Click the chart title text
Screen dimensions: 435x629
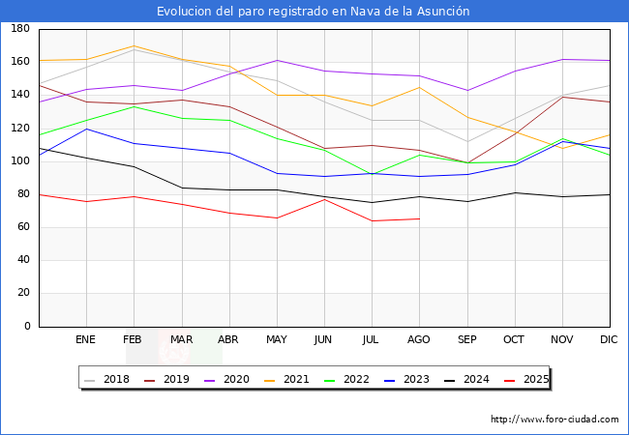click(x=314, y=11)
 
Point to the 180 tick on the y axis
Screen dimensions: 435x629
click(x=18, y=29)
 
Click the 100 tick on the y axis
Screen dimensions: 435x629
click(x=18, y=161)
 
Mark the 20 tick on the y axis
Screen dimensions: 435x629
click(x=21, y=294)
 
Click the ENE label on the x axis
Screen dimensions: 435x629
click(x=85, y=340)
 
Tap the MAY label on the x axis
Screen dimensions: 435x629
click(x=276, y=340)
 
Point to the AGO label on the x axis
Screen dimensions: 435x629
click(x=419, y=340)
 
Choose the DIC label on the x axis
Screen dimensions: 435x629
click(x=609, y=340)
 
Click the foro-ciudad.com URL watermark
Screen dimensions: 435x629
click(x=554, y=420)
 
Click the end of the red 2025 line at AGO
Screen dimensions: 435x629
click(x=419, y=218)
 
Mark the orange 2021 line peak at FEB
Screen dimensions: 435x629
click(x=134, y=46)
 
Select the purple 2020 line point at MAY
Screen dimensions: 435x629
click(x=277, y=61)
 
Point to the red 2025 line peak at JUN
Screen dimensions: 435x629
click(x=324, y=199)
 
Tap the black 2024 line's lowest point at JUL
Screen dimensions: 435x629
click(x=372, y=203)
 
